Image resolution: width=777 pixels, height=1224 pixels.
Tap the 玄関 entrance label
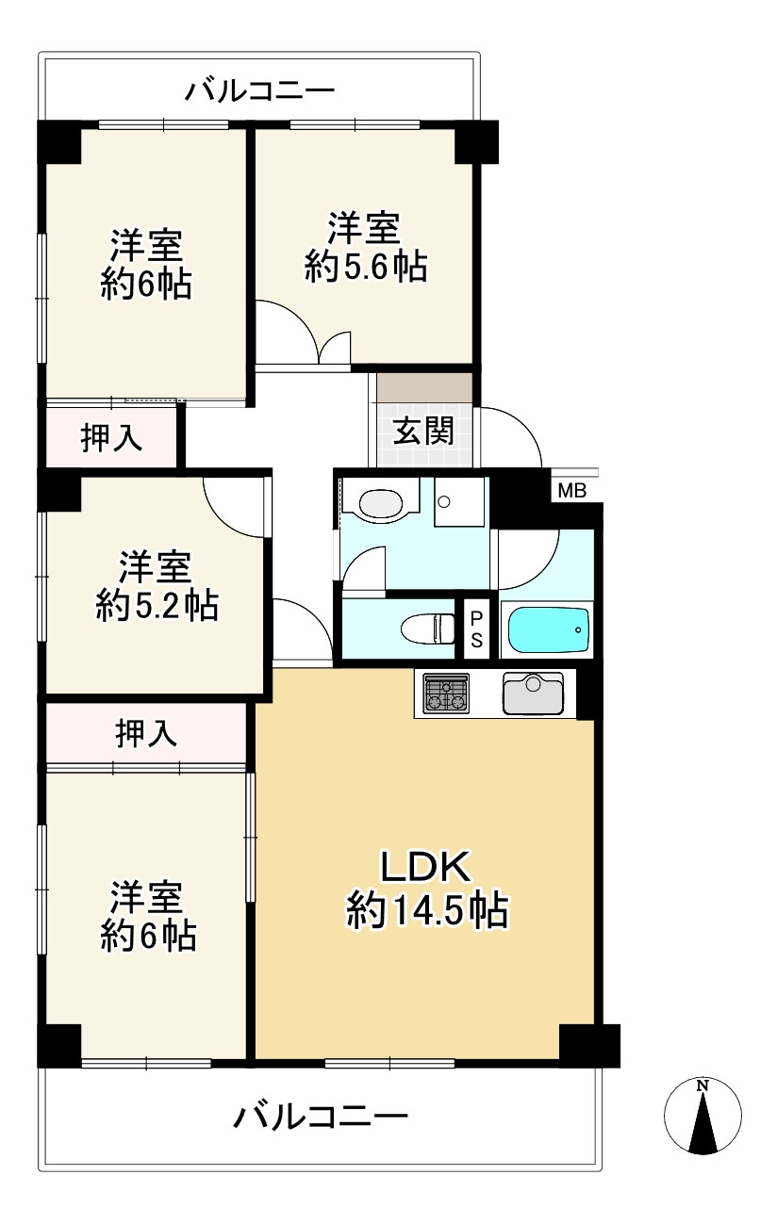[x=423, y=431]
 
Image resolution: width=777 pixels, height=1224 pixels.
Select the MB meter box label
[x=572, y=491]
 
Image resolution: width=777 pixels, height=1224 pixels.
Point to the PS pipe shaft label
[x=476, y=629]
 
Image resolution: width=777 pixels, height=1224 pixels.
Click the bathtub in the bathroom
[x=549, y=630]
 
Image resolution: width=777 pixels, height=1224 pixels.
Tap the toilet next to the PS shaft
[x=428, y=628]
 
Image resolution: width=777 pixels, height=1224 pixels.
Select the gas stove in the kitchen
[x=447, y=694]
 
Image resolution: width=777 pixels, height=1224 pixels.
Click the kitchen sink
[x=533, y=694]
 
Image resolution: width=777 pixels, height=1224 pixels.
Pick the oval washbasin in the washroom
[x=381, y=503]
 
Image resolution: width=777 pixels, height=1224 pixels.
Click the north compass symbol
[x=703, y=1116]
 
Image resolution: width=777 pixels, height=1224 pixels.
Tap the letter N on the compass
[x=703, y=1085]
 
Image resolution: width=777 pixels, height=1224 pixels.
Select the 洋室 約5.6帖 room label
[x=365, y=248]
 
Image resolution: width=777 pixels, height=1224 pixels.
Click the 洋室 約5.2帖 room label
[x=157, y=586]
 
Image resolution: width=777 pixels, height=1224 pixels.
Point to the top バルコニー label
[x=259, y=90]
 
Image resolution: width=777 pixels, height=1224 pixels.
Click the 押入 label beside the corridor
[x=111, y=438]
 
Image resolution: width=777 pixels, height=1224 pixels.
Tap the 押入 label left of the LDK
[x=146, y=733]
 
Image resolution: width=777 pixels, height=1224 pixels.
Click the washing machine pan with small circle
[x=459, y=501]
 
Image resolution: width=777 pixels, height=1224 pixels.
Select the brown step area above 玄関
[x=424, y=388]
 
